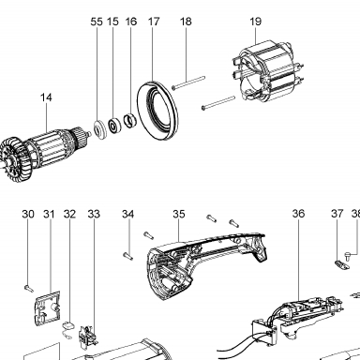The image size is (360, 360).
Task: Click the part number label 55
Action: point(97,22)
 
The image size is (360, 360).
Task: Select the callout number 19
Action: point(255,22)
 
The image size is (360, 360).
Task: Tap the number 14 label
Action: point(46,97)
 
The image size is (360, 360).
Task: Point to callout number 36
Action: point(298,214)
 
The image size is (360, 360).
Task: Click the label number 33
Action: point(94,215)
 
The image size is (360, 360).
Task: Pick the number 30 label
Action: point(28,215)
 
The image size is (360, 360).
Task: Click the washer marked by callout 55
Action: point(100,129)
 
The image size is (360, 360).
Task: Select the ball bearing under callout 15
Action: point(114,126)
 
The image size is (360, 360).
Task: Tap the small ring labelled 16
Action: point(129,121)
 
